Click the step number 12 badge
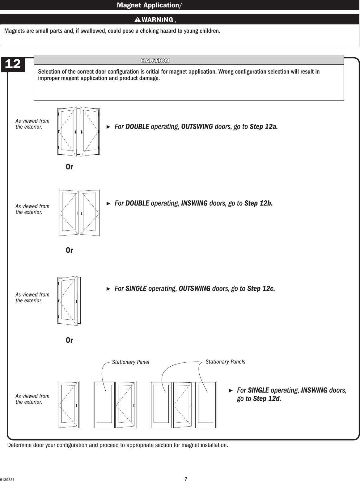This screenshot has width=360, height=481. click(13, 64)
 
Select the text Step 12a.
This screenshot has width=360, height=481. click(263, 127)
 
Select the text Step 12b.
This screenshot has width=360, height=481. click(258, 203)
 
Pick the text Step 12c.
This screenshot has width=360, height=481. click(261, 289)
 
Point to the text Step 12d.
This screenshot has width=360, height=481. click(267, 398)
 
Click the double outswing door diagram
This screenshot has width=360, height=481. click(79, 131)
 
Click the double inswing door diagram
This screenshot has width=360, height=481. click(79, 213)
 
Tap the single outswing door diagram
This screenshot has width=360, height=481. click(69, 300)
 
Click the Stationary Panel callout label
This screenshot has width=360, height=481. click(130, 362)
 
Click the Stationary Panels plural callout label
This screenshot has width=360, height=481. click(225, 362)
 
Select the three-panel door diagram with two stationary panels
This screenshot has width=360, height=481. click(183, 405)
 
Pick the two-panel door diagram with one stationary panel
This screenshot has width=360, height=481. click(115, 405)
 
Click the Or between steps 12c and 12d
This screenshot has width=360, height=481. click(69, 340)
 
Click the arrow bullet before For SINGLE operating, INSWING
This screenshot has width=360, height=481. click(230, 390)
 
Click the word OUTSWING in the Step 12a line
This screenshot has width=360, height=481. click(197, 127)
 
